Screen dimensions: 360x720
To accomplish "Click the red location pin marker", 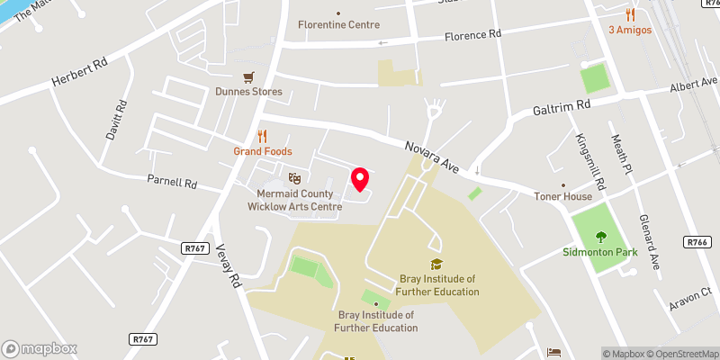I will [359, 178].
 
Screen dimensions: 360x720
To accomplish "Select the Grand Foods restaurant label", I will [263, 151].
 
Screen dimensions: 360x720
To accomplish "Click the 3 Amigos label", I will [630, 30].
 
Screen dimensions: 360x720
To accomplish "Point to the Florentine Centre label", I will [339, 24].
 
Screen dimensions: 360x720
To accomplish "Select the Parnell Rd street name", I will [172, 181].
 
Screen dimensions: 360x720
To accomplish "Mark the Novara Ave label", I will [432, 156].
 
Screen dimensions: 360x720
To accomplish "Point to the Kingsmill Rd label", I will [589, 155].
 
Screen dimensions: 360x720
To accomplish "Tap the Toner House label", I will [563, 196].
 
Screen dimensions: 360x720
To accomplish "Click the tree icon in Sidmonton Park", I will [601, 237].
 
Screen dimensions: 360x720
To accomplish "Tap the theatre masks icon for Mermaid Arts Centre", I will [292, 179].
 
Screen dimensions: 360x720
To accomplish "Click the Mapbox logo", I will [40, 348].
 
